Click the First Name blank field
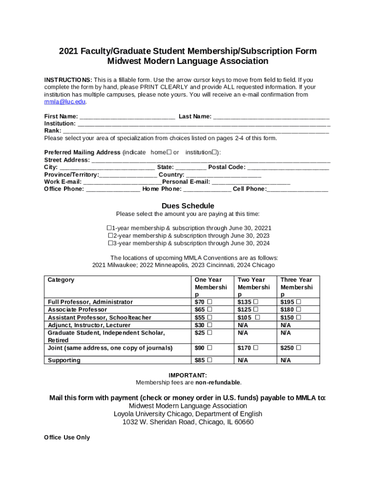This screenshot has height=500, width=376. [x=127, y=117]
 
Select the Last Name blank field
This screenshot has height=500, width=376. [x=272, y=117]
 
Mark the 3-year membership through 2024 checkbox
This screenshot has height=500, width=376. [x=110, y=243]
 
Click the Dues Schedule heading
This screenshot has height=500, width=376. [x=188, y=206]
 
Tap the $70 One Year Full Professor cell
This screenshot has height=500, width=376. [x=203, y=302]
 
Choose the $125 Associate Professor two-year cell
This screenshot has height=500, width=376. [x=247, y=310]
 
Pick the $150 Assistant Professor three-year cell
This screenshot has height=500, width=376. [x=290, y=317]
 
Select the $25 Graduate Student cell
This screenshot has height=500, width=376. [x=203, y=333]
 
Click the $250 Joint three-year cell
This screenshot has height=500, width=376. [x=290, y=348]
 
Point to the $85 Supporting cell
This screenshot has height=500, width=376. [x=203, y=360]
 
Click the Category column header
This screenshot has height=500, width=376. [x=61, y=280]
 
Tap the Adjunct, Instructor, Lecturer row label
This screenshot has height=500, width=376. [x=89, y=325]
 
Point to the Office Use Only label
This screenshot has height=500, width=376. [x=67, y=437]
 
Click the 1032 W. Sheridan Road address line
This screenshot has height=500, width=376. [x=188, y=422]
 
